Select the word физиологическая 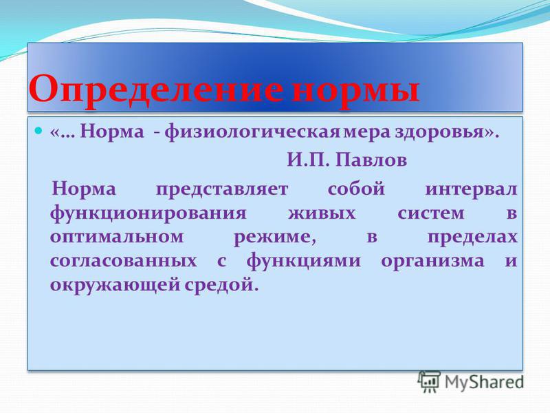point(252,133)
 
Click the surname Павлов point(371,160)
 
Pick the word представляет point(221,190)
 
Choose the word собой point(356,189)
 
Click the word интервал point(471,190)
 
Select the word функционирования point(148,213)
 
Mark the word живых point(322,213)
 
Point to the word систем point(431,213)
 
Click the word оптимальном point(117,237)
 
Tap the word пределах point(472,237)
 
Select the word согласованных point(123,262)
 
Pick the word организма point(432,262)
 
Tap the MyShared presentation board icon point(429,381)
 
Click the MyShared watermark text point(484,382)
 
